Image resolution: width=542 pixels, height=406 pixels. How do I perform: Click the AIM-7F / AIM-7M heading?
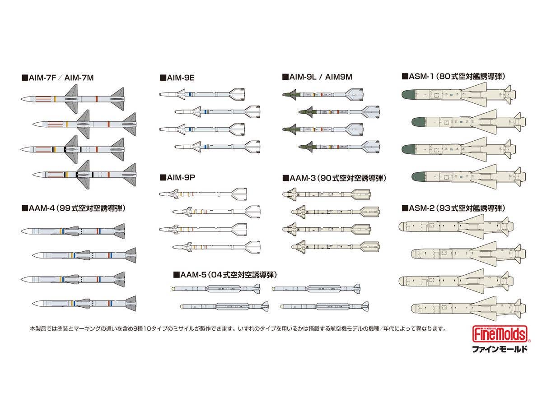(57, 78)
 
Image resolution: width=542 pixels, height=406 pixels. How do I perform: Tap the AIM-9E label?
(177, 78)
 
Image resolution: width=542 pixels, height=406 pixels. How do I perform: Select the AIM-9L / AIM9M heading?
(317, 77)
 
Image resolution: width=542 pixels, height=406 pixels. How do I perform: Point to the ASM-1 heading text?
(453, 76)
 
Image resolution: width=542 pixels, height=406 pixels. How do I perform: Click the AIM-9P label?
(178, 177)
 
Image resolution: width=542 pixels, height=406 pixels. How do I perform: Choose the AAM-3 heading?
(334, 178)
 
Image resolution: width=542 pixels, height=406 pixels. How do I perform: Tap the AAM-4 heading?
(73, 208)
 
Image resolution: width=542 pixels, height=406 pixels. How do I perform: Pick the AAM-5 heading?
(225, 275)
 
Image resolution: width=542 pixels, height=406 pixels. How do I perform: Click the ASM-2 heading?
(453, 208)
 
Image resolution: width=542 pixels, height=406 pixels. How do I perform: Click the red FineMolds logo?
(501, 334)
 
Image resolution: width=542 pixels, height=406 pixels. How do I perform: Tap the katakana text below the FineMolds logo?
(500, 349)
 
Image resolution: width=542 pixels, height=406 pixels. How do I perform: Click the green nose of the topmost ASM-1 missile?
(408, 95)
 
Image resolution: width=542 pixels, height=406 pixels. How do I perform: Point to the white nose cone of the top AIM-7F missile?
(27, 99)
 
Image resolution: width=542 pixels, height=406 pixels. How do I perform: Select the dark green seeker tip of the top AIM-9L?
(290, 94)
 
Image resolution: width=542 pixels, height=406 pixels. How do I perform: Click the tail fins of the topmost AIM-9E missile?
(237, 94)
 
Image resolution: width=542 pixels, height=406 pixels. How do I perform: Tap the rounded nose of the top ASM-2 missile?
(402, 226)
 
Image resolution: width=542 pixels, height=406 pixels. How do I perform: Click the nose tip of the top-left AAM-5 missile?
(173, 288)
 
